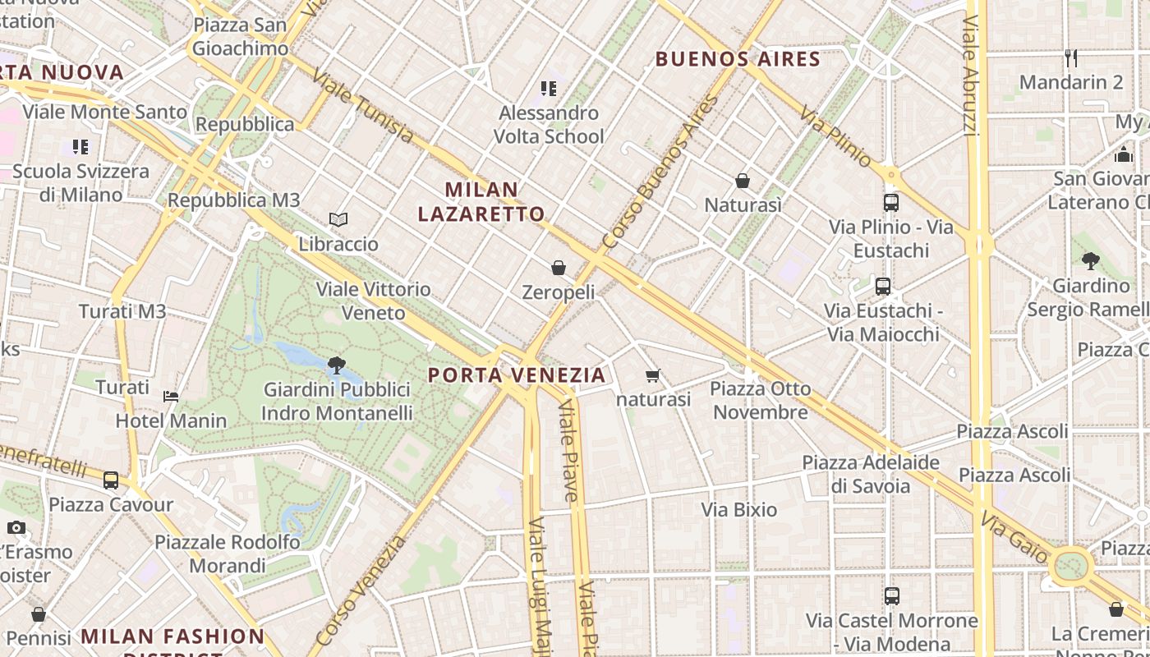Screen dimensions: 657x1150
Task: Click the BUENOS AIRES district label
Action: pyautogui.click(x=738, y=59)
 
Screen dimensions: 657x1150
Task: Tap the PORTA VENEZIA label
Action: pyautogui.click(x=517, y=375)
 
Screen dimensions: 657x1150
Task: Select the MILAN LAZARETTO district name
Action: pyautogui.click(x=481, y=202)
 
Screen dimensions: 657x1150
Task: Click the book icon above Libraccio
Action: pyautogui.click(x=338, y=220)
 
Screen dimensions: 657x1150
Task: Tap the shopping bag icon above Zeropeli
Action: pyautogui.click(x=559, y=268)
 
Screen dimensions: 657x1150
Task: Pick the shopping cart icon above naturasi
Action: pyautogui.click(x=653, y=376)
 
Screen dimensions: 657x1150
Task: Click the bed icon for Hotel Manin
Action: pyautogui.click(x=171, y=397)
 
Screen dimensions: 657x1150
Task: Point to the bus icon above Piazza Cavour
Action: pyautogui.click(x=111, y=480)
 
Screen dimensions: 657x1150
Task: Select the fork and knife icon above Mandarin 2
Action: pyautogui.click(x=1070, y=58)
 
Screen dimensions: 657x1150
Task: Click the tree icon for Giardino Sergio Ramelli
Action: pyautogui.click(x=1091, y=262)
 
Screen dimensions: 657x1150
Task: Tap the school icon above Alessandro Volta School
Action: pyautogui.click(x=548, y=89)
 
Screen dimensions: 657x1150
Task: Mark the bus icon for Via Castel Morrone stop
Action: pyautogui.click(x=892, y=596)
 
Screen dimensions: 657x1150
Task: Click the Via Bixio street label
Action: pyautogui.click(x=738, y=510)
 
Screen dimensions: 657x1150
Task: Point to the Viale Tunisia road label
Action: pyautogui.click(x=362, y=105)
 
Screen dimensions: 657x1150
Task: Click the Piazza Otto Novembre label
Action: pyautogui.click(x=760, y=400)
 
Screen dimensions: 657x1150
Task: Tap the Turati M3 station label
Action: pyautogui.click(x=122, y=311)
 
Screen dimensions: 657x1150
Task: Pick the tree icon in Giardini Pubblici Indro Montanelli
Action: pyautogui.click(x=336, y=365)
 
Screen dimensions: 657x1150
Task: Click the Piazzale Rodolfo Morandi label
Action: pyautogui.click(x=228, y=554)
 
